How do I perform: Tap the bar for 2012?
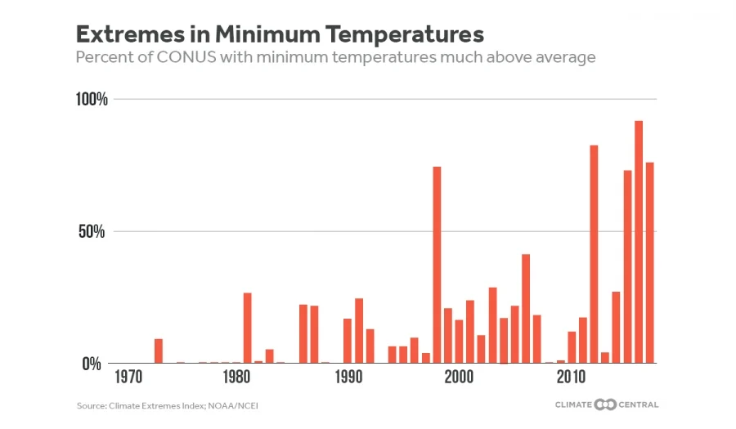594,254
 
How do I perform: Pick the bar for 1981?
247,328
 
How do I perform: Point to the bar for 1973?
158,351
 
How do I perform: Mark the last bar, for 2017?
650,262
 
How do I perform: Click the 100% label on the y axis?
92,100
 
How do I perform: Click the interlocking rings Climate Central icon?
606,404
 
